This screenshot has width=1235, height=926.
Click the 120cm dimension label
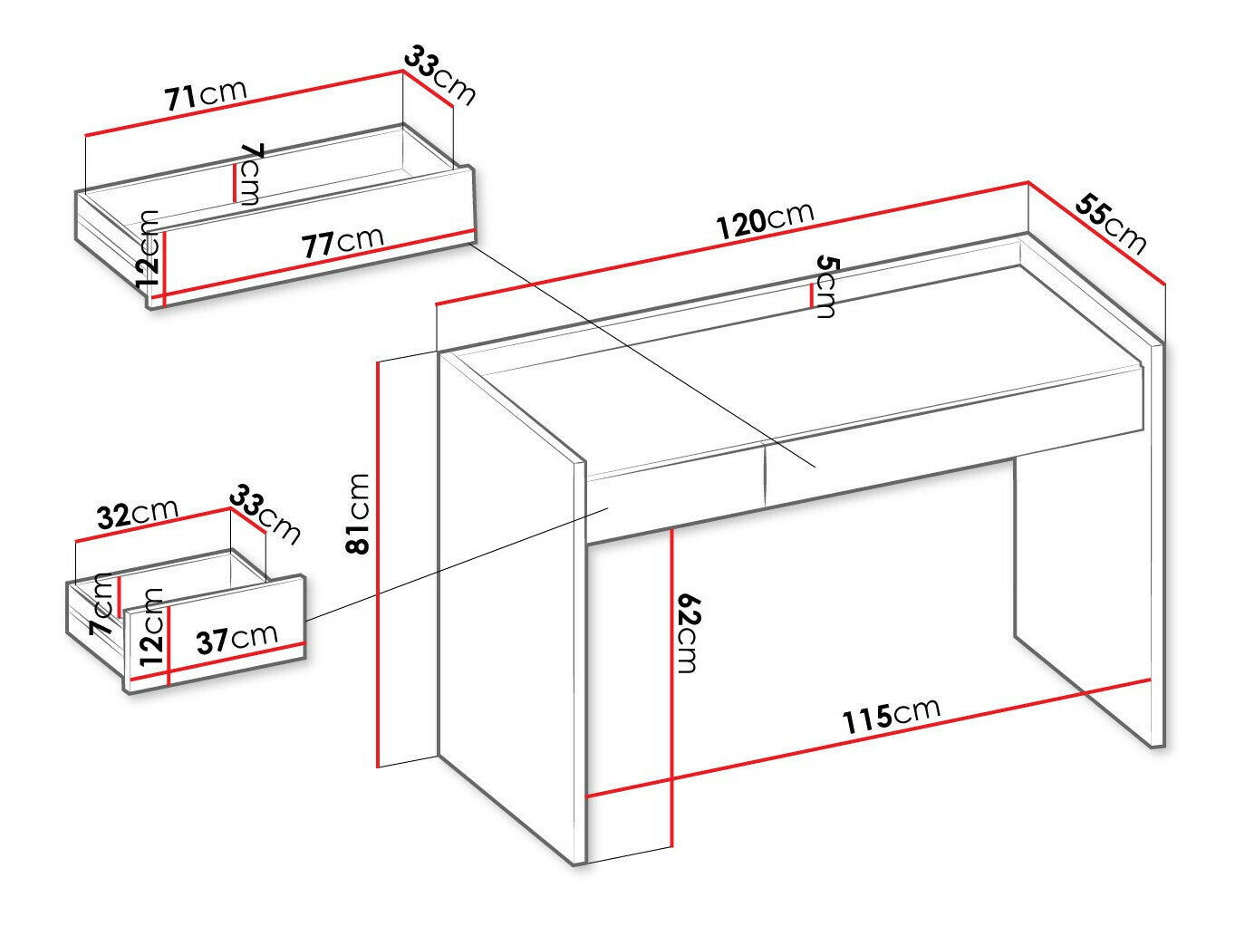point(766,220)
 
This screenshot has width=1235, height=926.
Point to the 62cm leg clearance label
point(687,632)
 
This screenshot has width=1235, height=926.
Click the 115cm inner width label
point(892,718)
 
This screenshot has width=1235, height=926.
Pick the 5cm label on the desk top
point(826,287)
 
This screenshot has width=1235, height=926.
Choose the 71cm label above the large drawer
point(206,95)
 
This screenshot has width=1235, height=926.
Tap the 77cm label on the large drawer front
point(343,243)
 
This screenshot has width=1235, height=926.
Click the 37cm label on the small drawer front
point(236,639)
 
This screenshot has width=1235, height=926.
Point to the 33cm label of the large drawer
point(440,75)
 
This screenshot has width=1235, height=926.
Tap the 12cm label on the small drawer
point(152,628)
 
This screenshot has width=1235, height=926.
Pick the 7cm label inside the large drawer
point(250,174)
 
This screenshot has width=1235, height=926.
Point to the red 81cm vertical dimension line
point(378,564)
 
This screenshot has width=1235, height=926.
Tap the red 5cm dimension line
point(810,296)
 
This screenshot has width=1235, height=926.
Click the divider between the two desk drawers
point(766,471)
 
